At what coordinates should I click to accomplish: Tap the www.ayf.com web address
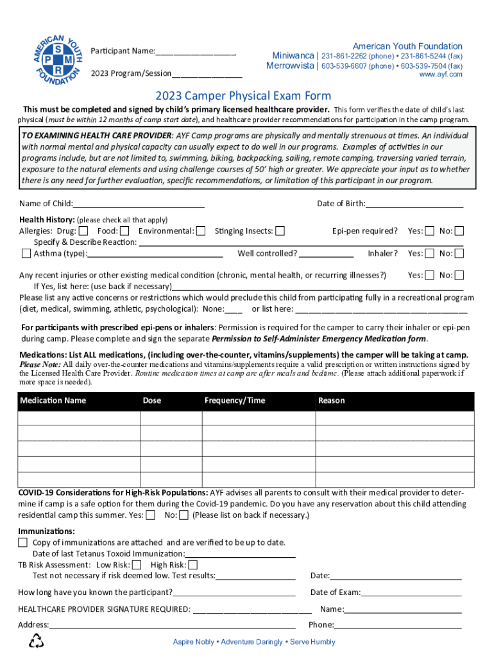point(440,75)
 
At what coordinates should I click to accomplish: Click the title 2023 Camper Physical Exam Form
point(243,96)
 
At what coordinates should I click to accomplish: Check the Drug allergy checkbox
point(83,231)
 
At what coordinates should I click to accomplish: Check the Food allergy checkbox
point(124,231)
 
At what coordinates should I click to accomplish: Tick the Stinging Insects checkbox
point(280,231)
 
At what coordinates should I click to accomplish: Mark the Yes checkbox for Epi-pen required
point(430,231)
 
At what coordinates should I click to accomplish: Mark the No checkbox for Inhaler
point(459,254)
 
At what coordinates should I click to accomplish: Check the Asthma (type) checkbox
point(26,254)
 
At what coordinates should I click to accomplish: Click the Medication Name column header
point(53,400)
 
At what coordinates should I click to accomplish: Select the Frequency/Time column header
point(234,400)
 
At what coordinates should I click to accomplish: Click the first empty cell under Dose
point(171,418)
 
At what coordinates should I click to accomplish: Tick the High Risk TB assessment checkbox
point(192,565)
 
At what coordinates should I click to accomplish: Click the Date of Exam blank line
point(411,592)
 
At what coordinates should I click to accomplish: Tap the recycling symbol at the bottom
point(37,641)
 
